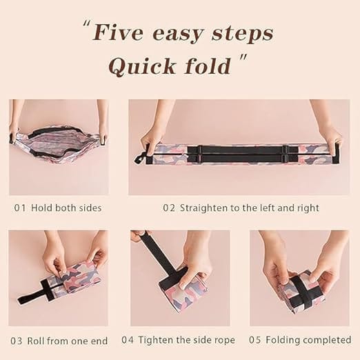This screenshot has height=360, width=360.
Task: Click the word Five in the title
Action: pyautogui.click(x=122, y=33)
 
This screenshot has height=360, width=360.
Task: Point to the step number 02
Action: pyautogui.click(x=168, y=207)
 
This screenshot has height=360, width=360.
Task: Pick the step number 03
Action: pyautogui.click(x=17, y=340)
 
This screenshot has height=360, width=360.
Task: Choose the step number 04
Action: pyautogui.click(x=128, y=340)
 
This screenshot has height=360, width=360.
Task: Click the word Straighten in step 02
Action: pyautogui.click(x=206, y=207)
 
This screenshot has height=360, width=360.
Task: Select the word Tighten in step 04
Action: pyautogui.click(x=159, y=340)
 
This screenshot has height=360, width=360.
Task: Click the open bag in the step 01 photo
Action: pyautogui.click(x=59, y=146)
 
